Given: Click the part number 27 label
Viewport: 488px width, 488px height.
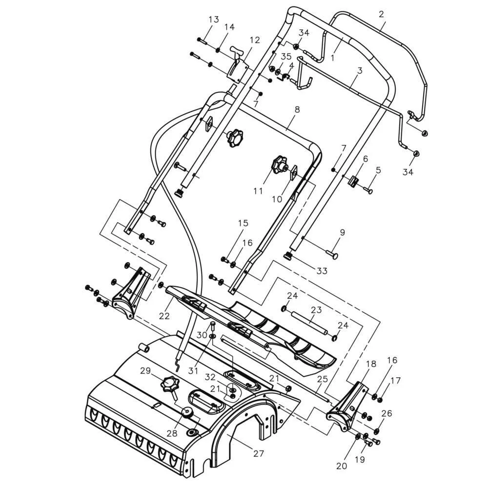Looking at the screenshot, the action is [258, 453].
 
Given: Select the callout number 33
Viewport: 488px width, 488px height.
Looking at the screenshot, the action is [322, 271].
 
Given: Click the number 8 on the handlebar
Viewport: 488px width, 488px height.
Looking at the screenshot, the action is [297, 109].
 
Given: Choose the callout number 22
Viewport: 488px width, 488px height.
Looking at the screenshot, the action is [164, 316].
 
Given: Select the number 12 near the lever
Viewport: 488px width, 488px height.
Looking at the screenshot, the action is [254, 40].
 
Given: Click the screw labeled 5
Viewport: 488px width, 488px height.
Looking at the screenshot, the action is [368, 190].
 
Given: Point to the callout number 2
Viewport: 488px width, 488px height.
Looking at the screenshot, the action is [382, 14].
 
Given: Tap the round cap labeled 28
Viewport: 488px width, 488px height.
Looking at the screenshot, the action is [187, 412].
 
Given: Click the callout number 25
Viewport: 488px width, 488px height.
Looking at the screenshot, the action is [323, 379].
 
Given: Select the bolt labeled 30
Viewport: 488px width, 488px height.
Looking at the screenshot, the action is [213, 327].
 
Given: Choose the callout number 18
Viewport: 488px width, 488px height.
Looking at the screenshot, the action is [371, 364].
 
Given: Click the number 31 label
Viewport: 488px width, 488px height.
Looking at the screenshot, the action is [193, 371].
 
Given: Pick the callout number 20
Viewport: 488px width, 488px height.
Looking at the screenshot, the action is [342, 466].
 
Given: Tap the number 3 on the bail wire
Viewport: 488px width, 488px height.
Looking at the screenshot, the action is [360, 71].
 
